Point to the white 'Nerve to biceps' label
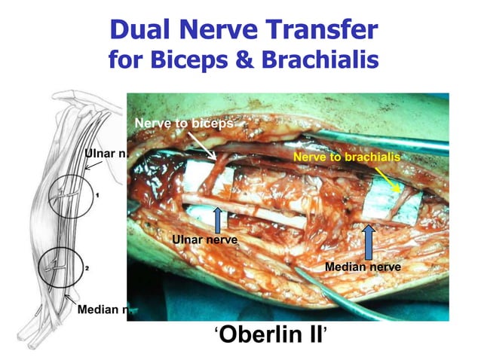point(183,122)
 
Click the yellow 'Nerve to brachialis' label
point(346,157)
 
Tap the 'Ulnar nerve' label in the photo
point(205,239)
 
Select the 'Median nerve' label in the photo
point(362,267)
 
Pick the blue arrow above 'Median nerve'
point(369,242)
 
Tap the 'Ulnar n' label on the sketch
point(106,154)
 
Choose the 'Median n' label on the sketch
point(100,310)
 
